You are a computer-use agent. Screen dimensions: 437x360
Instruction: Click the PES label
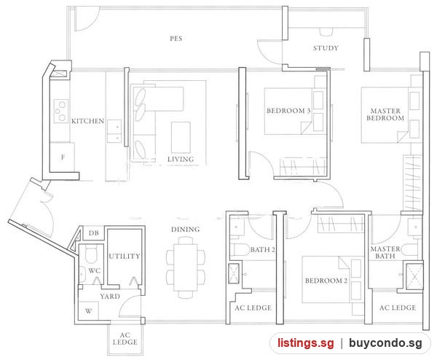coord(176,38)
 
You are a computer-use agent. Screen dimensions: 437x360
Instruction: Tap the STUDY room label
coord(326,48)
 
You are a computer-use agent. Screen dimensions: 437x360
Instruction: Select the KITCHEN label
coord(88,121)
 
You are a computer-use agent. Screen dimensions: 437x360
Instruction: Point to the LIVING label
coord(181,159)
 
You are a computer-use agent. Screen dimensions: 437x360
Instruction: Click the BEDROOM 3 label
coord(288,111)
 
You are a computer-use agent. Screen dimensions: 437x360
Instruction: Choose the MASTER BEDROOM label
coord(385,114)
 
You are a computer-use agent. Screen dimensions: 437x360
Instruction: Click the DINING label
coord(185,230)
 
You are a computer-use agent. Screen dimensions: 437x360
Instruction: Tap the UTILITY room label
coord(125,257)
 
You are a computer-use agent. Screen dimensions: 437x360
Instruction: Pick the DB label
coord(94,233)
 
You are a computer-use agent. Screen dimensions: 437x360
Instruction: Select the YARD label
coord(110,296)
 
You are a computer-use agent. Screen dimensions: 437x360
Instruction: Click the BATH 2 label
coord(262,249)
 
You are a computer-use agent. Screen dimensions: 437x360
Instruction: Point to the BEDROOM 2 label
coord(326,281)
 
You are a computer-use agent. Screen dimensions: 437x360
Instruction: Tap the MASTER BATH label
coord(385,252)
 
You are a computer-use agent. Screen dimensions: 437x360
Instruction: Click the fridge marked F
coord(62,157)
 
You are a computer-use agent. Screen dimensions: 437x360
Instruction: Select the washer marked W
coord(88,311)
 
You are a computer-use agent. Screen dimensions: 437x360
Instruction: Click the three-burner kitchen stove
coord(61,111)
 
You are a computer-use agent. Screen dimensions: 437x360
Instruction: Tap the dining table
coord(186,267)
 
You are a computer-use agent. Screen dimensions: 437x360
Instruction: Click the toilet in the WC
coord(91,254)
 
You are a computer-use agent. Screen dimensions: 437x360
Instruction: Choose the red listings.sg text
coord(305,343)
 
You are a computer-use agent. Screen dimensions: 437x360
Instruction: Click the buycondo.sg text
coord(385,343)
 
